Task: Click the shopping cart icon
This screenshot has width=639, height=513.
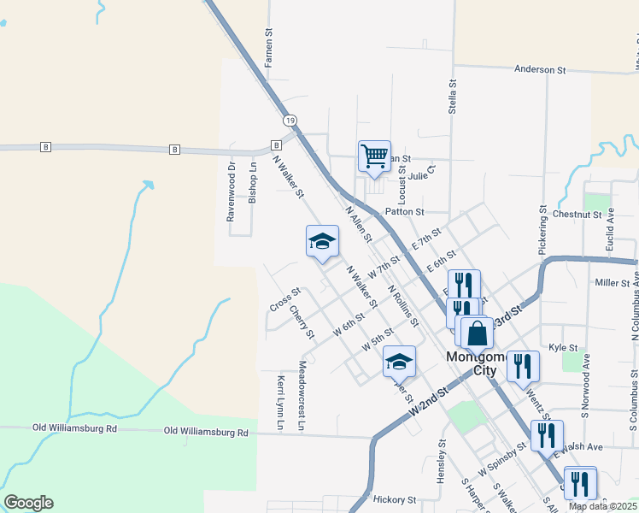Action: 374,156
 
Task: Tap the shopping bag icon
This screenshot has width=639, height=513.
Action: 478,333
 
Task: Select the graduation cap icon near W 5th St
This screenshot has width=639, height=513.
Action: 399,363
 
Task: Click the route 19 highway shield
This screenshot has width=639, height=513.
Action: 291,121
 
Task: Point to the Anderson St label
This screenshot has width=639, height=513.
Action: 541,68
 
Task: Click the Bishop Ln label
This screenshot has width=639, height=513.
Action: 252,182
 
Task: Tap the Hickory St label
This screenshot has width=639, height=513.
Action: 394,499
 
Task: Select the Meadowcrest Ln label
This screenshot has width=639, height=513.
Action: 302,394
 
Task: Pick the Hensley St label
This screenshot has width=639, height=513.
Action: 443,462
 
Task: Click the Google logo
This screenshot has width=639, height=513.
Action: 28,503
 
